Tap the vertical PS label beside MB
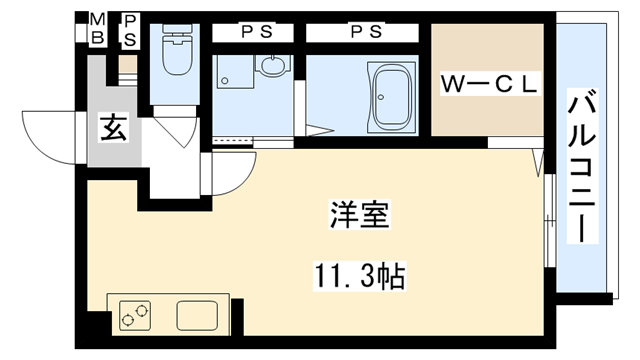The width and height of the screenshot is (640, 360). (x=130, y=30)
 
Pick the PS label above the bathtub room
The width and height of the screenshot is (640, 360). (x=364, y=31)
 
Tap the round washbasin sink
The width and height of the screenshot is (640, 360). (x=272, y=68)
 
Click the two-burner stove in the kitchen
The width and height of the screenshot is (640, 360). (x=134, y=316)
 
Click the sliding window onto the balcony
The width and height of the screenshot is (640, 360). (x=547, y=215)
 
